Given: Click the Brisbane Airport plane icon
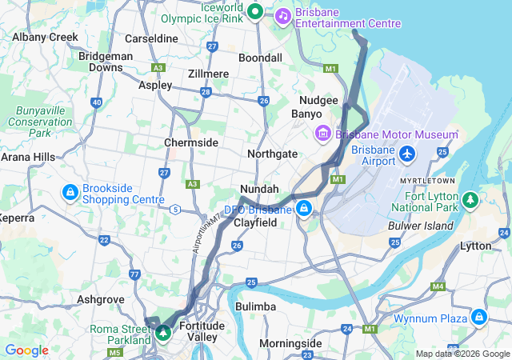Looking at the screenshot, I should (x=408, y=152).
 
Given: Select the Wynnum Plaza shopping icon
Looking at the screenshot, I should (x=479, y=318).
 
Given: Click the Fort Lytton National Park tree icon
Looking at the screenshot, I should (x=470, y=198).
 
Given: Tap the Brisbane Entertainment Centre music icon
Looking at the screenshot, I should (x=283, y=15).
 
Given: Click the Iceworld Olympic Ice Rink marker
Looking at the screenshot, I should (x=255, y=11).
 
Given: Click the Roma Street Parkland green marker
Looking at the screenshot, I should (x=163, y=331).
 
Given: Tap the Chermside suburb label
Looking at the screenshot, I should (x=191, y=142).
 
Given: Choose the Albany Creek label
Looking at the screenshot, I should (x=46, y=37).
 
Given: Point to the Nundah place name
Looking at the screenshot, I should (x=259, y=189).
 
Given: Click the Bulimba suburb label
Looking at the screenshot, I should (x=256, y=306).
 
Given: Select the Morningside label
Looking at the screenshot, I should (x=290, y=343).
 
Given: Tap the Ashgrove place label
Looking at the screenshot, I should (x=100, y=299).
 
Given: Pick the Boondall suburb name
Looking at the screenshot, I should (x=261, y=58).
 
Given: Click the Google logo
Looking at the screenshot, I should (x=26, y=350).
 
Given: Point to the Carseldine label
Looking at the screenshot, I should (x=152, y=38).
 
